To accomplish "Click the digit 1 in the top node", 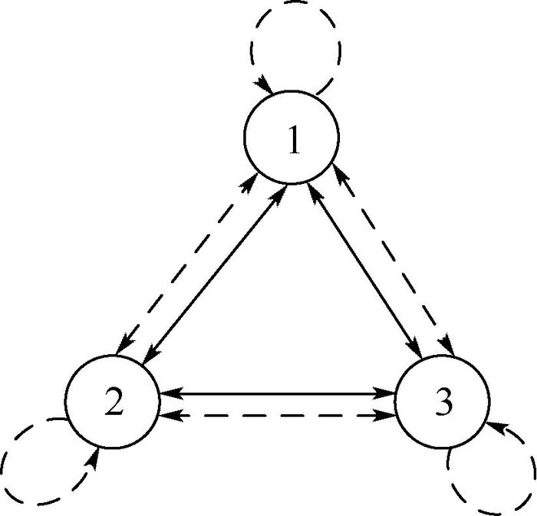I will point(292,141).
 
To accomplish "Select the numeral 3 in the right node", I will point(443,403).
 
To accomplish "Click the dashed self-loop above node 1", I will point(295,19).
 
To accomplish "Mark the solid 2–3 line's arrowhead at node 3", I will point(388,394).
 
